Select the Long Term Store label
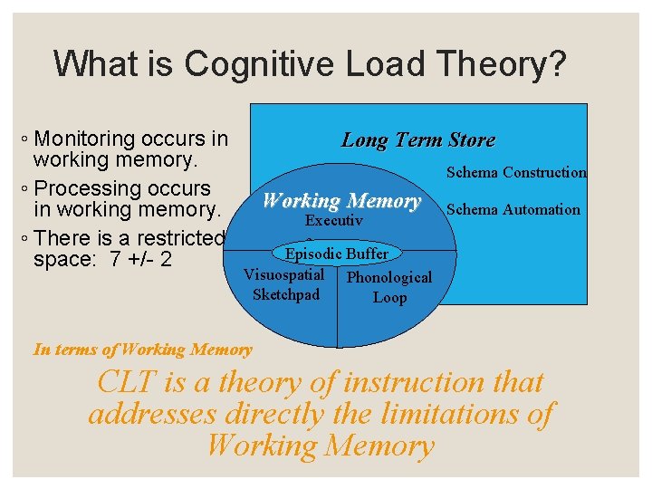tap(417, 140)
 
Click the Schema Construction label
tap(516, 172)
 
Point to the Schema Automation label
tap(513, 209)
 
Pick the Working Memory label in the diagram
tap(341, 201)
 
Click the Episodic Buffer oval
tap(337, 254)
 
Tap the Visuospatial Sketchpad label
tap(285, 283)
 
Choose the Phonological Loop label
tap(389, 287)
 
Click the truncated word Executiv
tap(334, 220)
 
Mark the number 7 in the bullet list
tap(114, 261)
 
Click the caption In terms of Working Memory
tap(142, 349)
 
